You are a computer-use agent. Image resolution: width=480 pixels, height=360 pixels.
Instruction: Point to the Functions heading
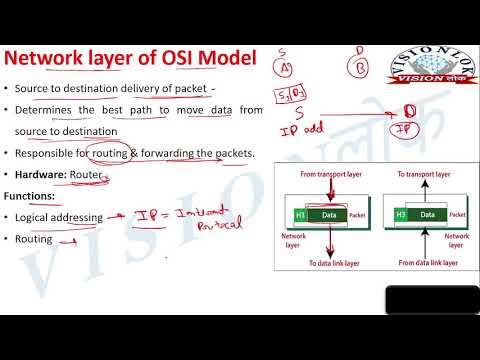coord(35,196)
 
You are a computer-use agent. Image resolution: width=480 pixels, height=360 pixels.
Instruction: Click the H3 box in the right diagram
coord(400,214)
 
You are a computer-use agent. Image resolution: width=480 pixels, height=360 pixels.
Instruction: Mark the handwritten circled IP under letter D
coord(409,130)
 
